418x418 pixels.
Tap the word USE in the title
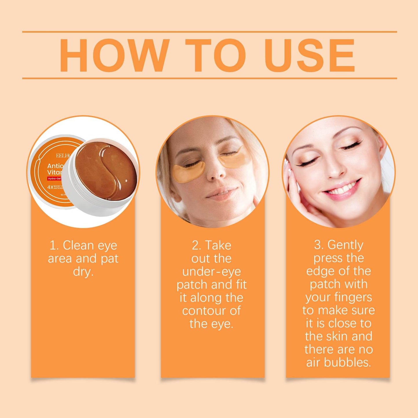[x=310, y=55]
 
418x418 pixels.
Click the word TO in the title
[x=215, y=55]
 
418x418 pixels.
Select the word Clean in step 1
[x=78, y=246]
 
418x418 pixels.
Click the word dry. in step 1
[x=83, y=272]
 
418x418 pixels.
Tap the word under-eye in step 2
[x=211, y=272]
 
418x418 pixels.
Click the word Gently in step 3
[x=345, y=245]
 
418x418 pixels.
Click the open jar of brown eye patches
[x=104, y=174]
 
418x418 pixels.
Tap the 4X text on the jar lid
[x=50, y=187]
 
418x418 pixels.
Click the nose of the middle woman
[x=216, y=171]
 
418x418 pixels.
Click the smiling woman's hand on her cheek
[x=298, y=197]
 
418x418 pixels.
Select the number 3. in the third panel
[x=319, y=245]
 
